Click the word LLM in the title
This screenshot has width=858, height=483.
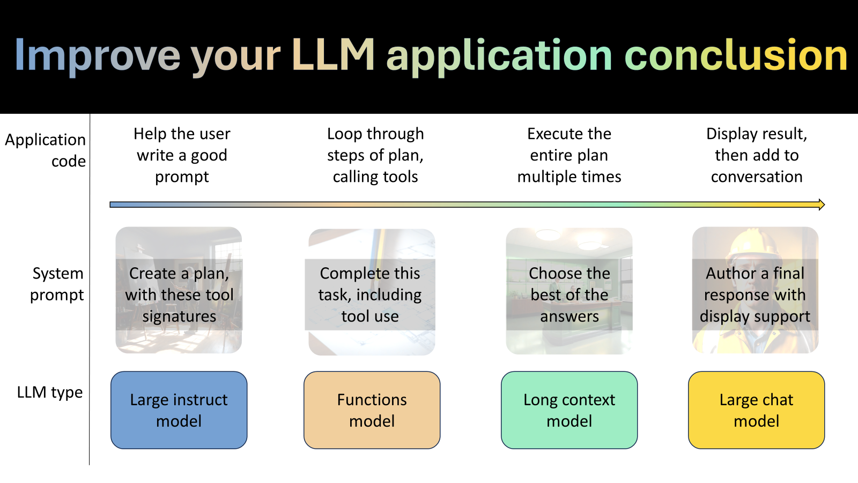coord(333,55)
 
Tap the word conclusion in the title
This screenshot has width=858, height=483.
coord(736,55)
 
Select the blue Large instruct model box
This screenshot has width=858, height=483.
coord(179,410)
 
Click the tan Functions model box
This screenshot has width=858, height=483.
coord(372,410)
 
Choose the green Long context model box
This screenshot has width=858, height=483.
coord(569,410)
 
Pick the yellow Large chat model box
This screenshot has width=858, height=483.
coord(756,410)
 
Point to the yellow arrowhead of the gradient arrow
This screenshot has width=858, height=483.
coord(821,204)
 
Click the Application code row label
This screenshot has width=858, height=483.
coord(46,150)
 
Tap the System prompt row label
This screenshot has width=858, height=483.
coord(57,284)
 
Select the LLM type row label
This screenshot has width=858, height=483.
coord(50,392)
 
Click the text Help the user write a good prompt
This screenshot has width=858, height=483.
coord(182,155)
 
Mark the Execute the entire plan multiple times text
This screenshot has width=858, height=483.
coord(569,155)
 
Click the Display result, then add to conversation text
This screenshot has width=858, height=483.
coord(756,155)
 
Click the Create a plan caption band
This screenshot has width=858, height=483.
coord(179,295)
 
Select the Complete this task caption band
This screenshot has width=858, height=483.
coord(370,295)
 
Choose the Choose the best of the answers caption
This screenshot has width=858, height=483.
coord(569,295)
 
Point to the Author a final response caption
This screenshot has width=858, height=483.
coord(755,295)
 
